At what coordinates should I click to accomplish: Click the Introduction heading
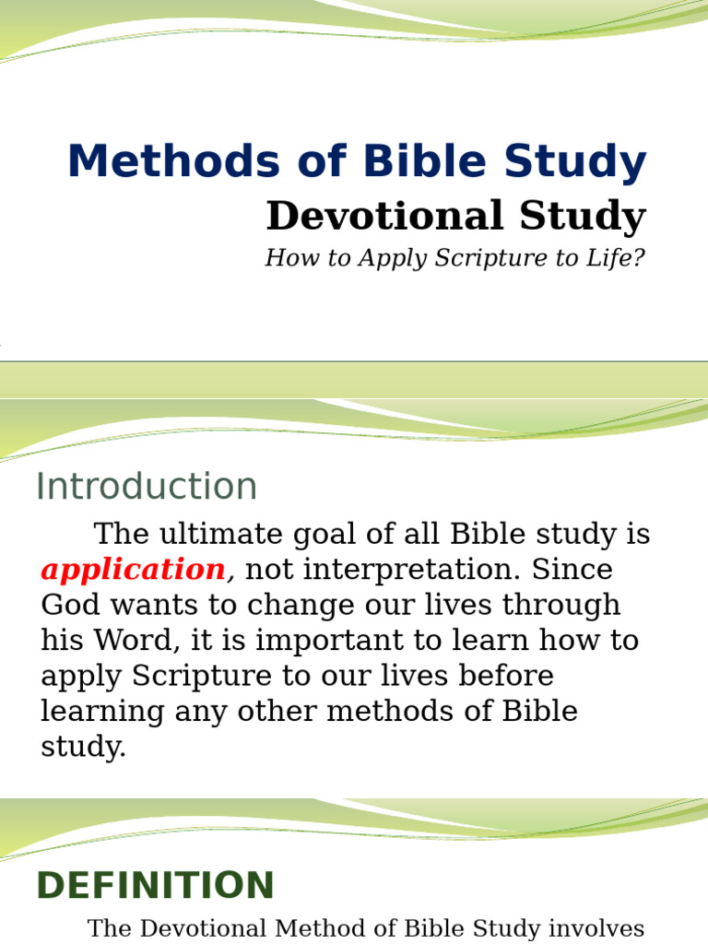[147, 487]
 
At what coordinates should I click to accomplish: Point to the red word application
[133, 570]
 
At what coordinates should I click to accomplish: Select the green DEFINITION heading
[155, 886]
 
